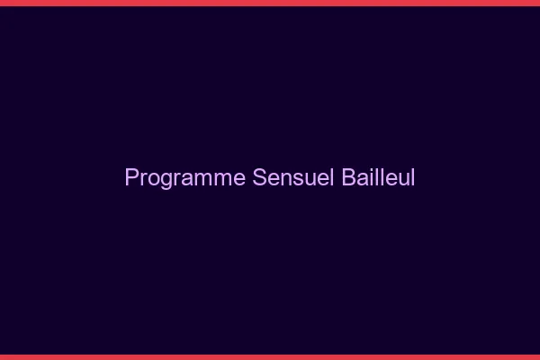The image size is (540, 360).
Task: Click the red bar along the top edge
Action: coord(270,3)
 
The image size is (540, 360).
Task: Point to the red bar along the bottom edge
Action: coord(270,356)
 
